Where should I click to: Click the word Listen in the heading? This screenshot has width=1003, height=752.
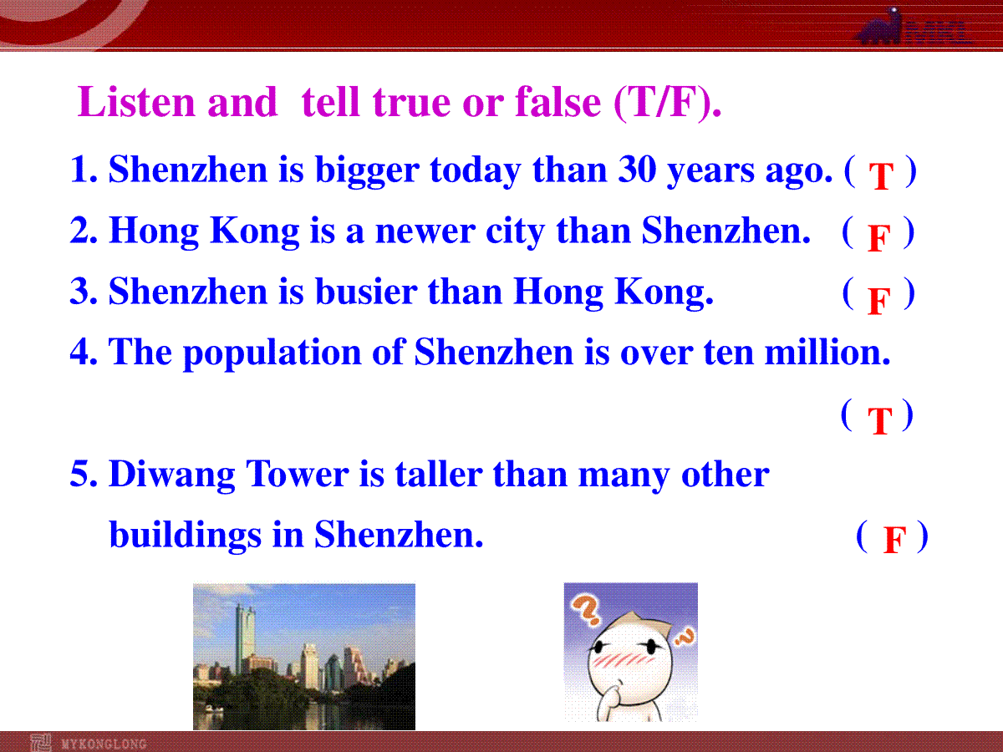(135, 101)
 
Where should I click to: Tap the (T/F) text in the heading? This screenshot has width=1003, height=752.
(667, 103)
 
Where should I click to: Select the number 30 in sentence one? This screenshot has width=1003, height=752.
(637, 170)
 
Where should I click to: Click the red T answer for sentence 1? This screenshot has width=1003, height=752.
(880, 176)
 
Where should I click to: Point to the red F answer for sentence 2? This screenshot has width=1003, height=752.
(878, 238)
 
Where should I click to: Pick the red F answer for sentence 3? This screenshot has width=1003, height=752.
(878, 301)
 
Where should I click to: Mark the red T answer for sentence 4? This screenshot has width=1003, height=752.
(879, 420)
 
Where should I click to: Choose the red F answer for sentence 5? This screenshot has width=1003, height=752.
(894, 540)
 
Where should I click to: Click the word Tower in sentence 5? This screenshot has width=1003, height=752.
(298, 474)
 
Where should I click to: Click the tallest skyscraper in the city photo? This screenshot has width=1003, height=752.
(245, 639)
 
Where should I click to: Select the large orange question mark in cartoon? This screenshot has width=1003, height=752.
(585, 610)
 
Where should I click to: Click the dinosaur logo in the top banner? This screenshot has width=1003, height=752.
(879, 27)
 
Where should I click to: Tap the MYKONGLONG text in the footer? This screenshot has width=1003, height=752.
(104, 744)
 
